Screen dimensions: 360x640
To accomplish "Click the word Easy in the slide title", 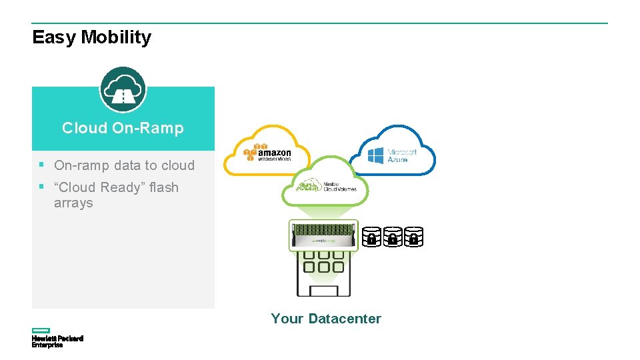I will [54, 37].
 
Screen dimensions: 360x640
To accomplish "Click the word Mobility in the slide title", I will [116, 37].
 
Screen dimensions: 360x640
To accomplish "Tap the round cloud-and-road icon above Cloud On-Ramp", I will [123, 89].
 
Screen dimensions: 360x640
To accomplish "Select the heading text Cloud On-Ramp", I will [123, 128].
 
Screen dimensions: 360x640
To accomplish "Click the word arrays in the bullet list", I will [73, 203].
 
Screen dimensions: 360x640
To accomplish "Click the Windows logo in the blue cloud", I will [376, 156].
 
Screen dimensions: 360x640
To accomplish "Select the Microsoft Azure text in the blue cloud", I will [402, 156].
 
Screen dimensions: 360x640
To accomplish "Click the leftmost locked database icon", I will [372, 237].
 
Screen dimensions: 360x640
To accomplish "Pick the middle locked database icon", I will [393, 237].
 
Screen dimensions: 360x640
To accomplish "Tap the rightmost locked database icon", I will [413, 237].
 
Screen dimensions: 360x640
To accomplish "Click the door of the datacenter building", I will [324, 290].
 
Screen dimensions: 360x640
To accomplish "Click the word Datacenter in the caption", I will [345, 319].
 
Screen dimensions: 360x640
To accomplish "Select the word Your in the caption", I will [287, 319].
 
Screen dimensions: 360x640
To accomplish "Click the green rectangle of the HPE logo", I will [41, 330].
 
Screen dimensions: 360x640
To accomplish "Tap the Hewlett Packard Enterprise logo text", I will [57, 341].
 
